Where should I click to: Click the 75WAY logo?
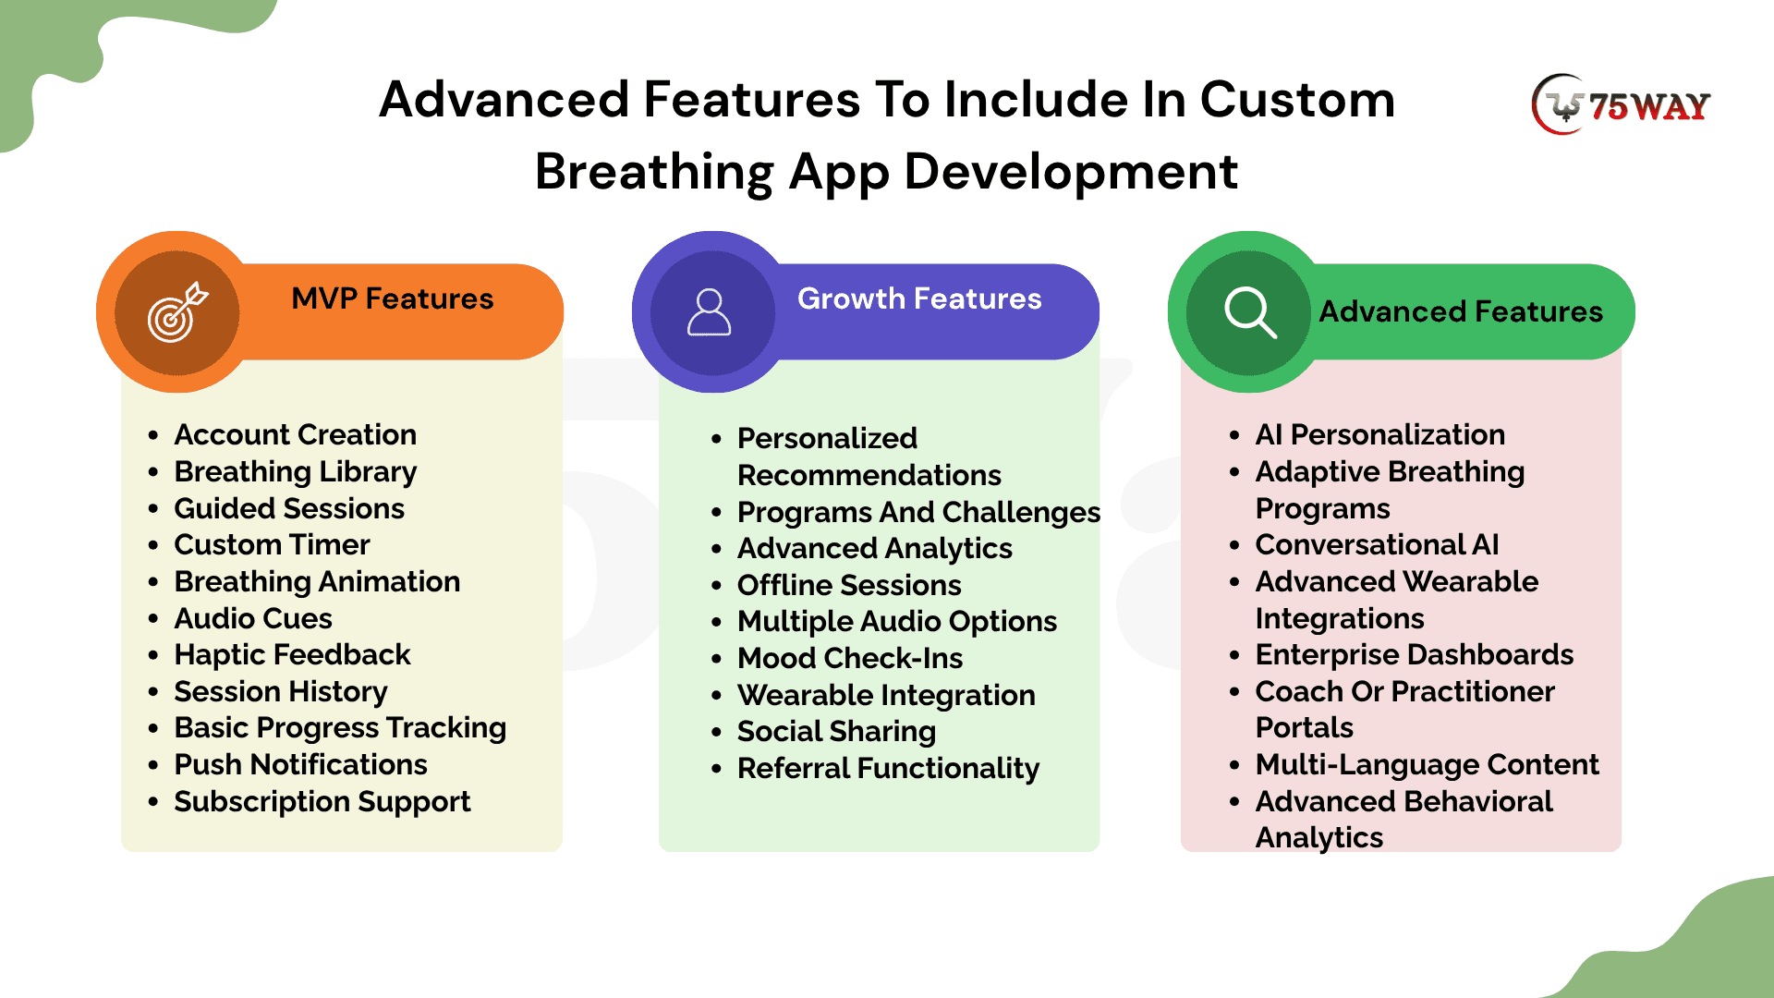1621,104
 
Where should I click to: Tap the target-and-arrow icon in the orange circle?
177,312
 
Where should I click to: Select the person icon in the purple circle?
710,312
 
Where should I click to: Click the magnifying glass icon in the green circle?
1250,312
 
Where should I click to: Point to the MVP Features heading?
393,298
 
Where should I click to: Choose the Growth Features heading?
919,298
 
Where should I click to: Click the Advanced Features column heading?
1461,311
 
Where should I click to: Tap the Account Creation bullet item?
296,434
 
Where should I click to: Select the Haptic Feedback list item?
292,654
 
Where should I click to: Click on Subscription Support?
322,801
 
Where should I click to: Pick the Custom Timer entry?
272,544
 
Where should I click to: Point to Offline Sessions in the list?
849,585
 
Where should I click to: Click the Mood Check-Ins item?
850,658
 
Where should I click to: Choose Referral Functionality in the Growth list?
888,768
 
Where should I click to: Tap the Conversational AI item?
1377,544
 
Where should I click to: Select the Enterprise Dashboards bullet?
1414,654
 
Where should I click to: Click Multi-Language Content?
1427,764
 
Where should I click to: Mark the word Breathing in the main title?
653,172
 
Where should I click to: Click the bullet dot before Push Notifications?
153,766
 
